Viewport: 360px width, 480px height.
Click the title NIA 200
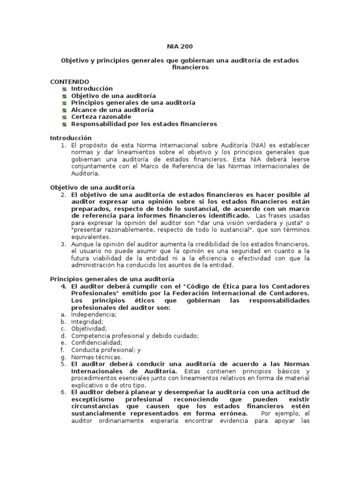180,46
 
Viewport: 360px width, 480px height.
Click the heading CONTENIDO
69,81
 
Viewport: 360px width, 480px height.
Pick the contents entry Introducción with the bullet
92,88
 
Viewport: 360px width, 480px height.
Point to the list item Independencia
94,315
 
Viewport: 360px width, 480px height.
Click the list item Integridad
87,322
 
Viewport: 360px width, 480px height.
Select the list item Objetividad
89,329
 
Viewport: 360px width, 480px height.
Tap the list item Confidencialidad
96,343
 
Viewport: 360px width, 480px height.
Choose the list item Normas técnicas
96,357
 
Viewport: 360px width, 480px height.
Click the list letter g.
62,357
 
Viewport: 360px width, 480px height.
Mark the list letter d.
62,336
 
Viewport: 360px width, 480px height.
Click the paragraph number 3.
64,244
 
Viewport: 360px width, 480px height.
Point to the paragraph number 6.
64,392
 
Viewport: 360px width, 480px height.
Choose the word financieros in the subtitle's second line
180,67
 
